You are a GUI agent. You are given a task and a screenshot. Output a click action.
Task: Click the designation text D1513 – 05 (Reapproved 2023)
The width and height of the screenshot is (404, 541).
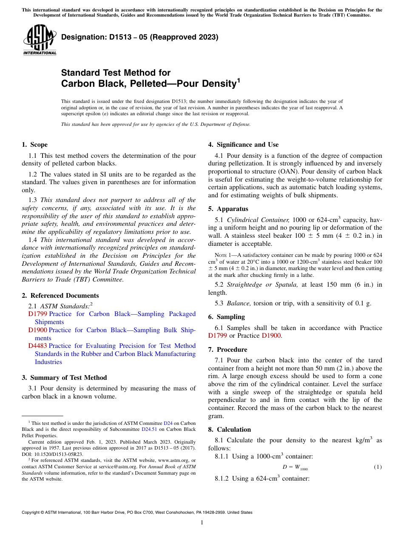tap(139, 37)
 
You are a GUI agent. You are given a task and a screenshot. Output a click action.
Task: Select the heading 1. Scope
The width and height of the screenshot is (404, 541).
tap(35, 145)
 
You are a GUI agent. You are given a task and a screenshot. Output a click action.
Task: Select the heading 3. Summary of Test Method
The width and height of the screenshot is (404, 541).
tap(64, 378)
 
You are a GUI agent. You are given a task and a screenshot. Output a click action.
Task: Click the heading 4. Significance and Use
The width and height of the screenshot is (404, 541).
tap(243, 145)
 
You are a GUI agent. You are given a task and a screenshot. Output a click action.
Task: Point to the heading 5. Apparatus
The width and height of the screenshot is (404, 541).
tap(228, 209)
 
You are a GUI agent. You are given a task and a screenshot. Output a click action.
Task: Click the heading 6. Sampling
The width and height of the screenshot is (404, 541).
tap(227, 317)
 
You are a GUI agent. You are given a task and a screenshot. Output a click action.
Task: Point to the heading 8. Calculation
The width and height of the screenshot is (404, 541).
tap(230, 430)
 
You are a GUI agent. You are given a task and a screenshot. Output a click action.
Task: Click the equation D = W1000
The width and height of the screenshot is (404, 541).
tap(295, 467)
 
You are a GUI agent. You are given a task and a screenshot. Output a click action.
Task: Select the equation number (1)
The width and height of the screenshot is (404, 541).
tap(378, 467)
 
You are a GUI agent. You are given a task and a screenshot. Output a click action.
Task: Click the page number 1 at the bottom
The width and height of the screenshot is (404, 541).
tap(202, 523)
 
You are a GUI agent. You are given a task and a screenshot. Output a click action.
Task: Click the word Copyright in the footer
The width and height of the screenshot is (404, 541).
tap(31, 513)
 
